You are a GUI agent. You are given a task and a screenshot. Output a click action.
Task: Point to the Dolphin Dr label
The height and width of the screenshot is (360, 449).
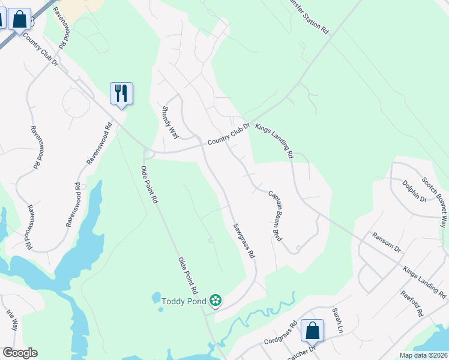414,191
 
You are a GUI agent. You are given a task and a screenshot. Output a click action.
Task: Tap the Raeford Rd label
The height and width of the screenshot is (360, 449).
412,304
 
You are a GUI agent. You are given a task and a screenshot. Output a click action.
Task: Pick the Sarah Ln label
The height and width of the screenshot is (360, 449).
337,321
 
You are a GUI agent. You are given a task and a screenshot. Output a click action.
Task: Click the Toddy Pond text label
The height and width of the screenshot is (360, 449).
183,301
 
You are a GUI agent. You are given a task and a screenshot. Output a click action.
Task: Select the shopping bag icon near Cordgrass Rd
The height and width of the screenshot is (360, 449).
312,330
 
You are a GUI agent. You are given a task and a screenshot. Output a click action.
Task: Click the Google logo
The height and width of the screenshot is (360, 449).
19,353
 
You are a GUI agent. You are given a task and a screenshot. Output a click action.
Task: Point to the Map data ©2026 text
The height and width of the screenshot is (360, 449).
423,355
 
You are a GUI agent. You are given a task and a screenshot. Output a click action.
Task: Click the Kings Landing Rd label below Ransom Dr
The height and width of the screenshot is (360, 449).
424,283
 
